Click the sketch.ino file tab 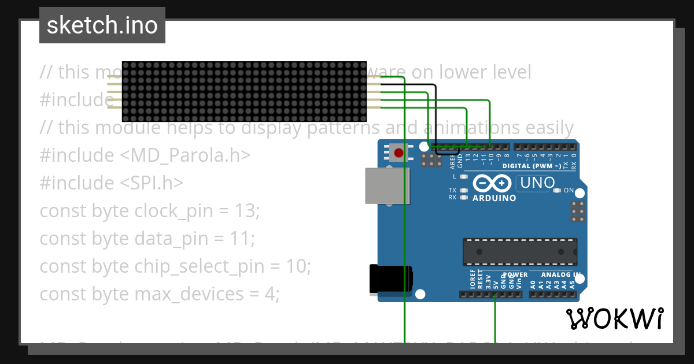click(102, 25)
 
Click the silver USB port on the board click(386, 185)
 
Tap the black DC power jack click(392, 278)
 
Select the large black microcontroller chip click(519, 252)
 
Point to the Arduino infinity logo click(492, 184)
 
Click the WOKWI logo click(614, 318)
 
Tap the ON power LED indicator click(556, 190)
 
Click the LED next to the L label click(463, 176)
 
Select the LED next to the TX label click(463, 190)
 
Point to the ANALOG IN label click(560, 274)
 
